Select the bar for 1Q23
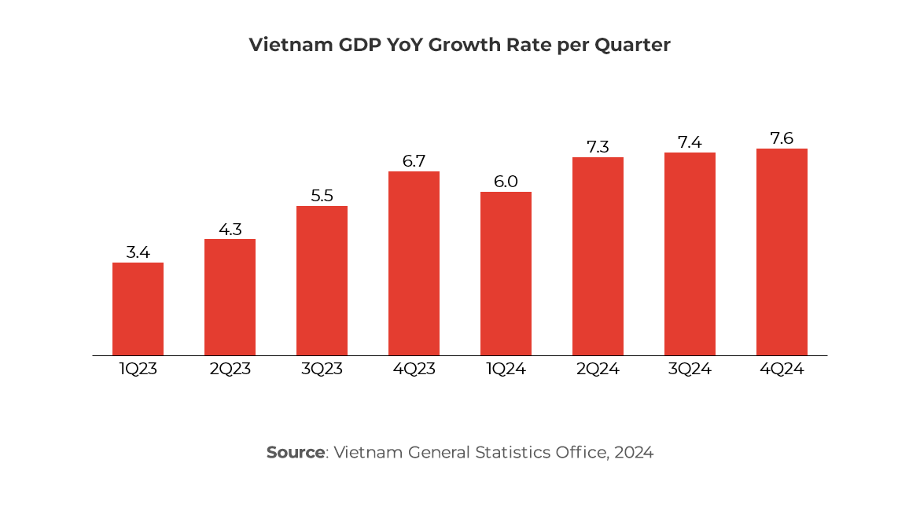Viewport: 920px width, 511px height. pos(138,309)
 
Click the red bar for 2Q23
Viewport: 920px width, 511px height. pos(230,297)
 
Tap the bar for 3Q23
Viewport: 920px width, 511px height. pos(322,281)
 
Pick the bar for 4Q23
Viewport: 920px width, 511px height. pos(414,263)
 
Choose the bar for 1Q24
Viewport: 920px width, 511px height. pos(506,274)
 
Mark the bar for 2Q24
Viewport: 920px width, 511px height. pos(598,256)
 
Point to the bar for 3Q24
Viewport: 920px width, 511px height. pos(690,254)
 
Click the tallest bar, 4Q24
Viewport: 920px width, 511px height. pos(782,252)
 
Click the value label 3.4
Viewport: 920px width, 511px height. pos(138,252)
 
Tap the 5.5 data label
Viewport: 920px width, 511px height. pos(322,196)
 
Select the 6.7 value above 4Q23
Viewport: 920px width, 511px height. pos(414,161)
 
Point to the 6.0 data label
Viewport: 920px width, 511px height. pos(506,182)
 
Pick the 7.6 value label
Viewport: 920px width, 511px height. pos(782,138)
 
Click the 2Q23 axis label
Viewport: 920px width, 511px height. pos(230,369)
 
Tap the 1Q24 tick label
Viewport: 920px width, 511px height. pos(506,369)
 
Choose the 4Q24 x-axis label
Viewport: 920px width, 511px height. pos(782,369)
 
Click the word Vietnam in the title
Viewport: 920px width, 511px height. pos(282,45)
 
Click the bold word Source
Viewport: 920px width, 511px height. pos(295,453)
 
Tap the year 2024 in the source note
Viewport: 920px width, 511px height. pos(634,453)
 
